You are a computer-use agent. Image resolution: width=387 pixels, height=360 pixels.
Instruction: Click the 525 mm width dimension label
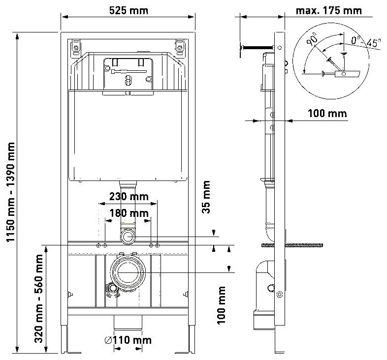tap(129, 10)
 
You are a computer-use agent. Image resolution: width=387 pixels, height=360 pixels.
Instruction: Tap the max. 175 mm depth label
tap(328, 10)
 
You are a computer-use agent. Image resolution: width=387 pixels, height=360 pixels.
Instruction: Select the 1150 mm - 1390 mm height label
tap(11, 192)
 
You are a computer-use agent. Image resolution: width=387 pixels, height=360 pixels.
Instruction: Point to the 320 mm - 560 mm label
tap(38, 299)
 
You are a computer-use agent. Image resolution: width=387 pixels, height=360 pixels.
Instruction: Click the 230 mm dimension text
tap(129, 197)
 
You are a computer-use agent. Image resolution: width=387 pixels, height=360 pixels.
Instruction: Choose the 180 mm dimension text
tap(129, 213)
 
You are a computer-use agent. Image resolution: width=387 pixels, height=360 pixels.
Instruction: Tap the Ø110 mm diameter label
tap(128, 340)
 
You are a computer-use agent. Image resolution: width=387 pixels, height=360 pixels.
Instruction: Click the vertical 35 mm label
tap(206, 197)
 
